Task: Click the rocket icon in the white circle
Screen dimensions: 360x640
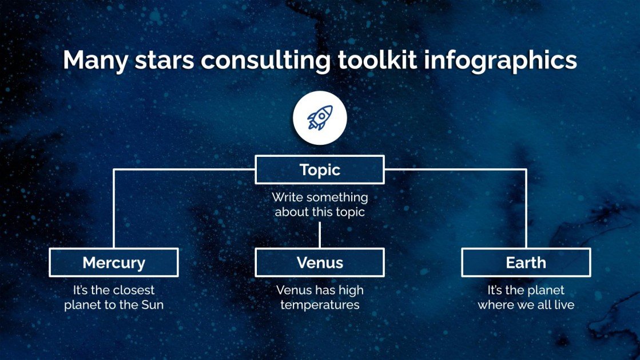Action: point(320,117)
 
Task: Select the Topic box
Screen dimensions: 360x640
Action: point(320,170)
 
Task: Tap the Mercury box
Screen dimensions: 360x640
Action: point(114,263)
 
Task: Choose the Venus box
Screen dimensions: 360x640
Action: point(320,263)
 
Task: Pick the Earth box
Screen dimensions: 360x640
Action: point(526,263)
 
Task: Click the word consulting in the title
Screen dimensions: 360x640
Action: point(265,61)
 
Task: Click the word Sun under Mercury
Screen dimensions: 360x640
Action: point(152,305)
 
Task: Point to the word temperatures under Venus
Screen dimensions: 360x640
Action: point(320,305)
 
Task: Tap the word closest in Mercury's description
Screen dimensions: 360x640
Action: point(133,290)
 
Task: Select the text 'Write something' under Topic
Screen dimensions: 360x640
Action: point(320,197)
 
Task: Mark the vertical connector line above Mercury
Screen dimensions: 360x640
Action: point(114,209)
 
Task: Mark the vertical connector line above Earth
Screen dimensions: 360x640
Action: point(526,209)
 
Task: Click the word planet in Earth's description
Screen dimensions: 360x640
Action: point(546,290)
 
